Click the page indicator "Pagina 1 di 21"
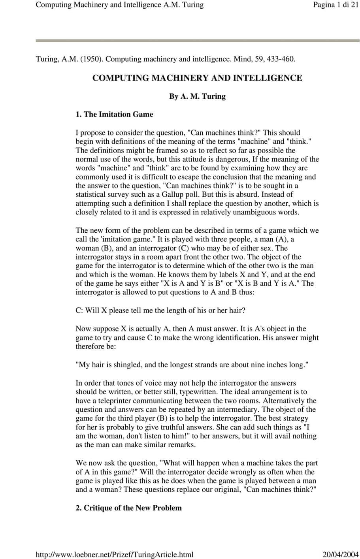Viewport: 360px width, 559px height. (x=335, y=5)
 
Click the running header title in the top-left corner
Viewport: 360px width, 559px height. (x=120, y=5)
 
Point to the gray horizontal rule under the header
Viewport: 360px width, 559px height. (x=198, y=40)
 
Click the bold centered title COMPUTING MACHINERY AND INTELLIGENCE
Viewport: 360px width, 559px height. (x=197, y=78)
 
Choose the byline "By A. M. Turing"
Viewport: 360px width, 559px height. (x=197, y=96)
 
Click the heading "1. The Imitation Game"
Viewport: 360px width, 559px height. (x=114, y=115)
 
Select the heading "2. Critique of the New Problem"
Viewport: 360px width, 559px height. (x=129, y=508)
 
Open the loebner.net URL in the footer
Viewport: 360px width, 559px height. (x=115, y=554)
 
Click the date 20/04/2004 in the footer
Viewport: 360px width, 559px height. (x=341, y=554)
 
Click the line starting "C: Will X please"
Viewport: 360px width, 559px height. (x=160, y=311)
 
